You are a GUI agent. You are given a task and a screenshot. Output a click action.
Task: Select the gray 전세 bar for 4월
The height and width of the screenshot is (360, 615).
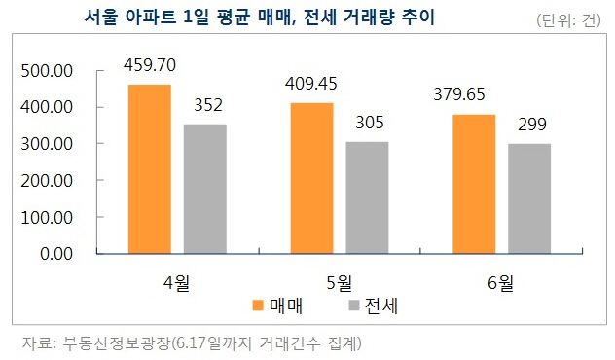[x=205, y=189]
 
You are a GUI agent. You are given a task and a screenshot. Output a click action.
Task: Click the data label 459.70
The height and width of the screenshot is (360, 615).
[x=150, y=65]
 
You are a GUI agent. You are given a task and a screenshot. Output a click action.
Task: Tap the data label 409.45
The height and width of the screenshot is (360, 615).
[x=310, y=84]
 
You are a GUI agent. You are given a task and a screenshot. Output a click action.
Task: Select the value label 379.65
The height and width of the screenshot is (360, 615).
[x=472, y=94]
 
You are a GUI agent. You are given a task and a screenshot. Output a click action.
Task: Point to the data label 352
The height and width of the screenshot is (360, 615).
[x=205, y=106]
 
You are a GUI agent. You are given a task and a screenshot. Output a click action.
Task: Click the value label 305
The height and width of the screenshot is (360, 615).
[x=367, y=124]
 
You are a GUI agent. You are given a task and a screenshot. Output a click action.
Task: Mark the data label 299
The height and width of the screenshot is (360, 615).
[x=528, y=126]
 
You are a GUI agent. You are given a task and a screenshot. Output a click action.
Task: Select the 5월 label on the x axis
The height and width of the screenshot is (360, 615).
[x=339, y=282]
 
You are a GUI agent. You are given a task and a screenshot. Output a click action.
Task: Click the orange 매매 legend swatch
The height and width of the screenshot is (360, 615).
[x=259, y=306]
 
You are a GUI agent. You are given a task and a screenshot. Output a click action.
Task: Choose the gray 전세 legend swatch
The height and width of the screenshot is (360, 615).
[x=354, y=306]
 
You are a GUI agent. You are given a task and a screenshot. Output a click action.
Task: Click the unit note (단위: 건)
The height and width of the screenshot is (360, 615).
[x=569, y=21]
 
